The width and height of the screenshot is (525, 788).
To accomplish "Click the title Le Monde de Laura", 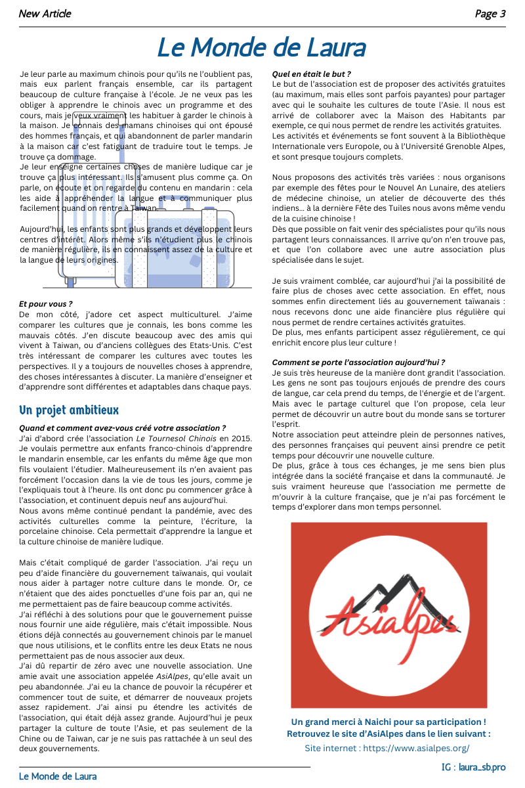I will click(261, 48).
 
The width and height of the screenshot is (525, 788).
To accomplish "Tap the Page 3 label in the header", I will click(490, 14).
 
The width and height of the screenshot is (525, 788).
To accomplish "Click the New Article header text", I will click(45, 14).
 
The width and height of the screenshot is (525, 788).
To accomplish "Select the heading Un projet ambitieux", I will click(69, 410).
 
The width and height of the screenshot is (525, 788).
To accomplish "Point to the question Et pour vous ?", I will click(46, 304).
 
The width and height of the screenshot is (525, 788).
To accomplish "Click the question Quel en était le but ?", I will click(311, 74).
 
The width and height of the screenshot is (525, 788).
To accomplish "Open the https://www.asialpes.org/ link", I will click(416, 748).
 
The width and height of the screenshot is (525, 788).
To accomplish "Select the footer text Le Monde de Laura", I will click(56, 776).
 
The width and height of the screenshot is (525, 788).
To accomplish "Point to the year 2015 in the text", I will click(243, 438).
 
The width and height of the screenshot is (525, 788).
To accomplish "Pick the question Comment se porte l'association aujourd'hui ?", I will click(358, 362).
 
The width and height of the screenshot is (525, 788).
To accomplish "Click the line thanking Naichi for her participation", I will click(388, 722).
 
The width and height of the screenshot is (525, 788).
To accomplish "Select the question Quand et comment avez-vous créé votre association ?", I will click(123, 428).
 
